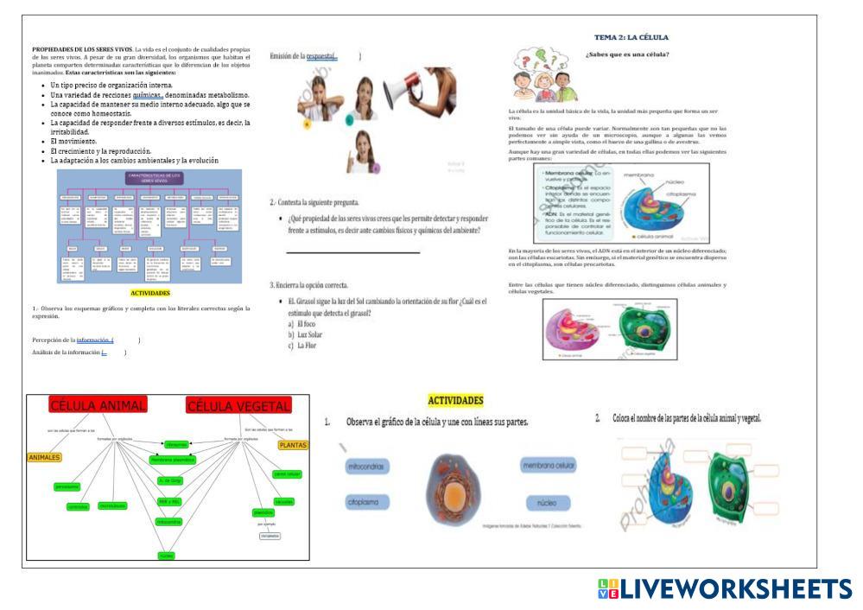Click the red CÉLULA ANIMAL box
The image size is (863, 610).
click(98, 406)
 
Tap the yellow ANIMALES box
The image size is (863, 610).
click(44, 457)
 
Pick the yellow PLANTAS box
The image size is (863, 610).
click(292, 445)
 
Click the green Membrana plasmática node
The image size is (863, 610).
click(173, 460)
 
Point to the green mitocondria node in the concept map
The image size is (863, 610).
click(169, 522)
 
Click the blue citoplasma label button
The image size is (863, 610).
click(366, 501)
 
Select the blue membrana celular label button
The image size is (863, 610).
click(548, 467)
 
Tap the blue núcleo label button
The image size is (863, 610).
click(548, 501)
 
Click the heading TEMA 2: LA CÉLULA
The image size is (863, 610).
click(631, 37)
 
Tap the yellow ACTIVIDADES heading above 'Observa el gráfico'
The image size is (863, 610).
click(455, 400)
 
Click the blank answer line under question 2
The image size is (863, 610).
click(352, 253)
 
